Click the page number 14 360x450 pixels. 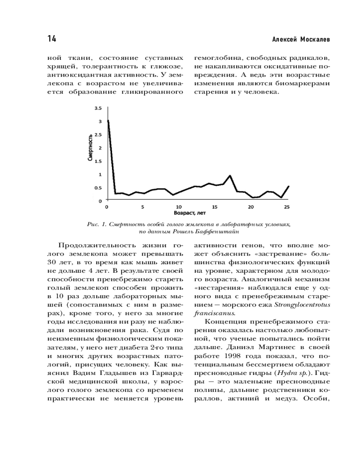pos(51,39)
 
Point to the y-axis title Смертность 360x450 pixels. pos(90,148)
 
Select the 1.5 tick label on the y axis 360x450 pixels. pos(99,161)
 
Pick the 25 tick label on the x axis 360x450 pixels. pos(287,207)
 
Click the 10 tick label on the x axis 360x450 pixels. pos(179,207)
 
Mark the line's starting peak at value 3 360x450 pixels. pos(108,121)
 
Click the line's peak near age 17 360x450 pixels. pos(230,175)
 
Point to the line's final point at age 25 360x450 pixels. pos(288,186)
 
